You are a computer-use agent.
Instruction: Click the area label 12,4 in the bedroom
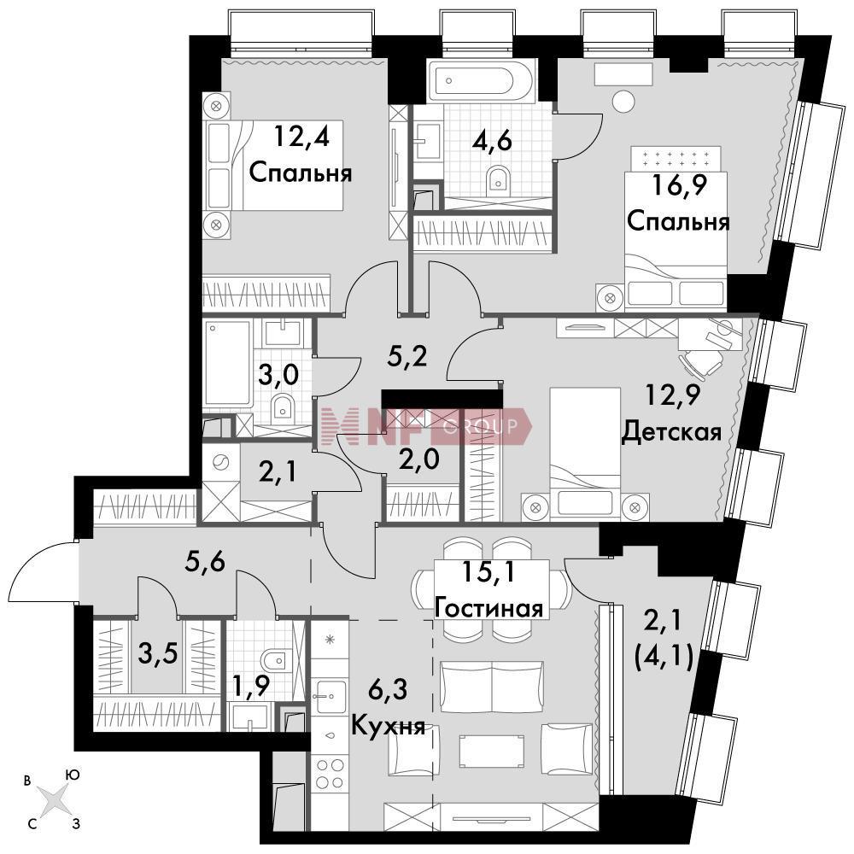301,136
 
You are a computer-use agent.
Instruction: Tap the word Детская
671,432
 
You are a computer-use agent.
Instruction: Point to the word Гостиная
490,608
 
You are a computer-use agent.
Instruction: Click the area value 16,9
679,185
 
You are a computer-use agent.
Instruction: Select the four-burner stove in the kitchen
330,774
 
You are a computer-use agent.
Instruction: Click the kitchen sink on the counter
330,696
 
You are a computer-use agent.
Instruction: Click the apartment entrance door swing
43,572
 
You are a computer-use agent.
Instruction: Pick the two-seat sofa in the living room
491,687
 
